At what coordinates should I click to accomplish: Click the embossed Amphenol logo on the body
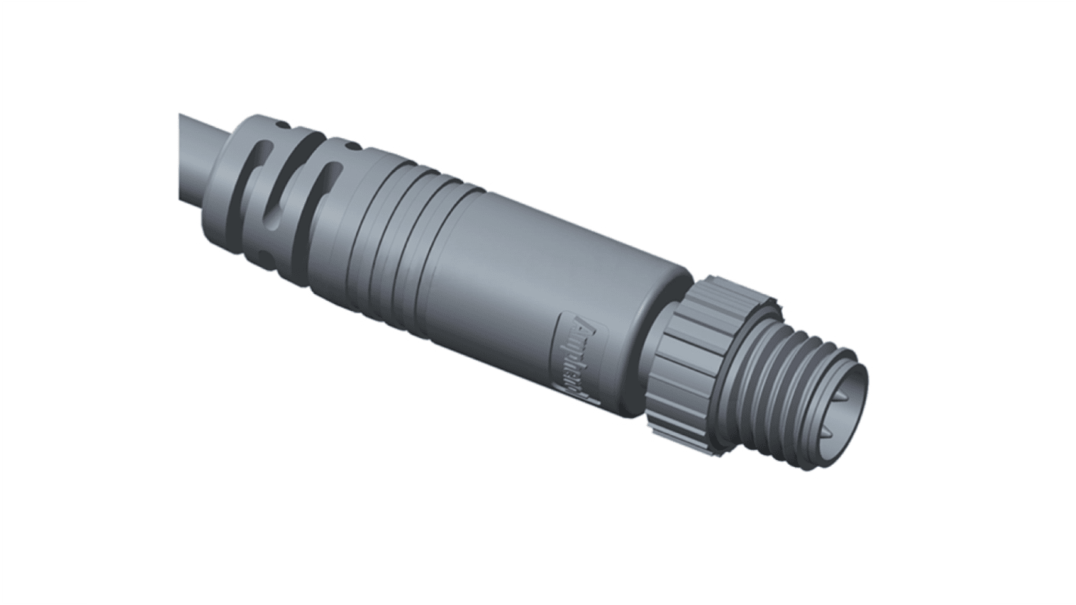click(x=579, y=356)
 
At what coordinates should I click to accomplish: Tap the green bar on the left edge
click(x=43, y=302)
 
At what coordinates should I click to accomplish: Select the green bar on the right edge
click(x=1033, y=302)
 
